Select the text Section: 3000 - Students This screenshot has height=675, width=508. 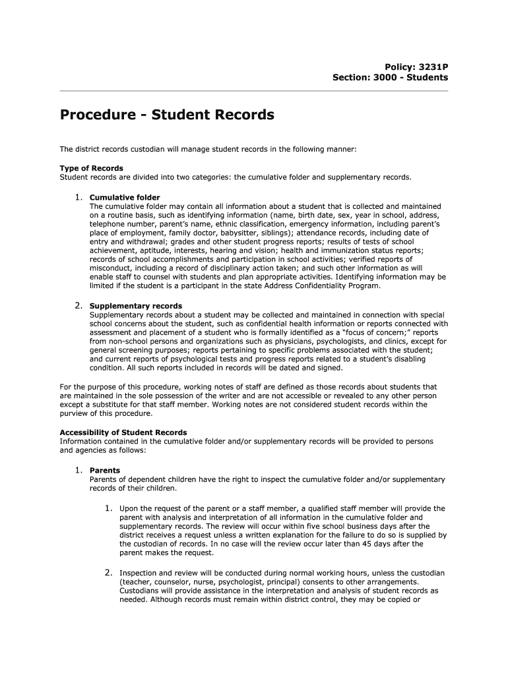[390, 77]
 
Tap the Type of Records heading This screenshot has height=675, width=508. [91, 168]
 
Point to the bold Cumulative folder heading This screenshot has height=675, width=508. [125, 197]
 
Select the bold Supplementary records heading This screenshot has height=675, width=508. [136, 306]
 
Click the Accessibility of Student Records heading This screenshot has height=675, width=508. [123, 432]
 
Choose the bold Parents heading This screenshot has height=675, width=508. [105, 471]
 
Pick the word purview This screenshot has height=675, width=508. [75, 413]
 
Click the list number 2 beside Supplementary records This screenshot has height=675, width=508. [77, 305]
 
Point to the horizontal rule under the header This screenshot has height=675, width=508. [254, 89]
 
